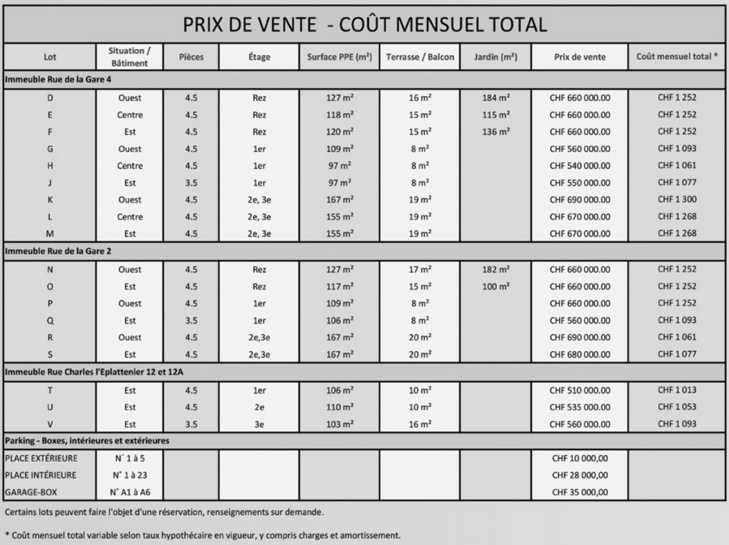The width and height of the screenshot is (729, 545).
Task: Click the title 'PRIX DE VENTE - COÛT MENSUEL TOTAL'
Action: click(365, 24)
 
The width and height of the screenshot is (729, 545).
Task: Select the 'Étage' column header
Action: click(259, 57)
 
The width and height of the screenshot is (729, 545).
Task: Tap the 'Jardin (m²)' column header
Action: click(495, 57)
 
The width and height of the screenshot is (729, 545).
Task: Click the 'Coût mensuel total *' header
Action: click(677, 57)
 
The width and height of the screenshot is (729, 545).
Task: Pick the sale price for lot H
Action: click(579, 166)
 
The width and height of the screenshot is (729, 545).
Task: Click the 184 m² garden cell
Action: click(495, 98)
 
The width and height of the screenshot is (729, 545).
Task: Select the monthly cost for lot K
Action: click(677, 200)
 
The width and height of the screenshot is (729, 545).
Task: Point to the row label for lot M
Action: click(50, 234)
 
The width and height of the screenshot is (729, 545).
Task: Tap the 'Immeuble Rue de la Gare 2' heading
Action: click(58, 251)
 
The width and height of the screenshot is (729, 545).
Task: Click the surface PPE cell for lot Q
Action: click(340, 321)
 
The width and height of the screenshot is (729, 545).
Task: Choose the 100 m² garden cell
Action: click(495, 287)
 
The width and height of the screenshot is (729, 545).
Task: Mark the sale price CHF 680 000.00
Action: click(579, 355)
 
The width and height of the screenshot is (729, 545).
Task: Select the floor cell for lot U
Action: click(259, 407)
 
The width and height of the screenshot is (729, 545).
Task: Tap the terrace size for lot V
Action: click(420, 424)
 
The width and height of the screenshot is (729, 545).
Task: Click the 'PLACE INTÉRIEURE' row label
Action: click(40, 475)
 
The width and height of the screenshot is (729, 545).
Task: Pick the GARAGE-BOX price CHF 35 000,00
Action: click(579, 493)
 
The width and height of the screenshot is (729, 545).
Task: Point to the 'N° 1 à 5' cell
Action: click(130, 458)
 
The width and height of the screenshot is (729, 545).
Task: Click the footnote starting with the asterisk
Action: click(203, 535)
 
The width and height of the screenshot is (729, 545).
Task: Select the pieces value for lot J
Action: click(191, 183)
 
